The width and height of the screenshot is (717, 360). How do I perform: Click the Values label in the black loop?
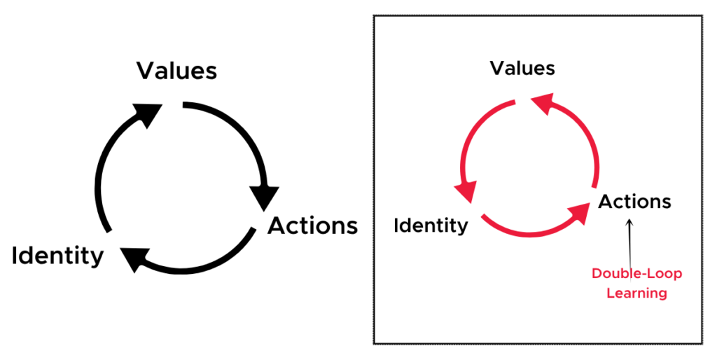176,71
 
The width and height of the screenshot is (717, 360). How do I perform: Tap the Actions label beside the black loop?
312,226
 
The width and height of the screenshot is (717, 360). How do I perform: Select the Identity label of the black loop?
57,255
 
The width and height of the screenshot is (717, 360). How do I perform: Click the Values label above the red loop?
522,68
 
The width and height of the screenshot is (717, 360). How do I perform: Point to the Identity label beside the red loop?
431,225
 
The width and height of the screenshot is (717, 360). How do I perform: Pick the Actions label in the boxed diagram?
634,201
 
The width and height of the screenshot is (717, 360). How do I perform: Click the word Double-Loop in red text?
636,274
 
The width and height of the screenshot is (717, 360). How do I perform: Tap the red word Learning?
636,293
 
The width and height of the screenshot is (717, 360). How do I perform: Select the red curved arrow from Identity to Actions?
531,233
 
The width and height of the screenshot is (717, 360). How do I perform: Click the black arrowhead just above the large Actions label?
264,198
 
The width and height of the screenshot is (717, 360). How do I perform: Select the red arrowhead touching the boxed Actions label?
578,213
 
